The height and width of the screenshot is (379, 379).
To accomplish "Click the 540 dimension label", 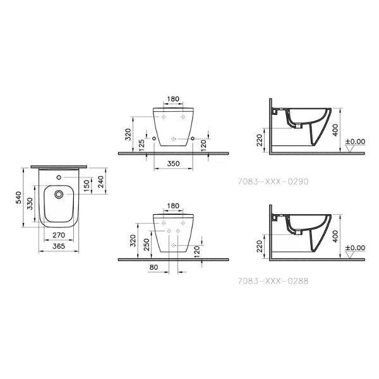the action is (18, 198).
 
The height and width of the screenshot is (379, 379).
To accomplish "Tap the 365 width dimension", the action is (59, 246).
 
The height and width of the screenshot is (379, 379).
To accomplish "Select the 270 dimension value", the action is (59, 235).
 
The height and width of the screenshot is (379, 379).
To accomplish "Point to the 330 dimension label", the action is (30, 204).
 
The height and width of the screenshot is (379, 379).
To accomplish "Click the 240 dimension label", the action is (101, 182).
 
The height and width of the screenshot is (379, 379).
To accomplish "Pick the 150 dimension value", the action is (87, 186).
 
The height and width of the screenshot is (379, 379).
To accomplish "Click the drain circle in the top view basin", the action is (59, 194).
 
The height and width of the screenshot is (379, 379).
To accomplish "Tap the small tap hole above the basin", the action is (59, 177).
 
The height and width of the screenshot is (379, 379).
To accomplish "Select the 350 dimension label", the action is (173, 164).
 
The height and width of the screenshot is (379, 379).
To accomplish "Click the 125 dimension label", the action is (141, 145).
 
